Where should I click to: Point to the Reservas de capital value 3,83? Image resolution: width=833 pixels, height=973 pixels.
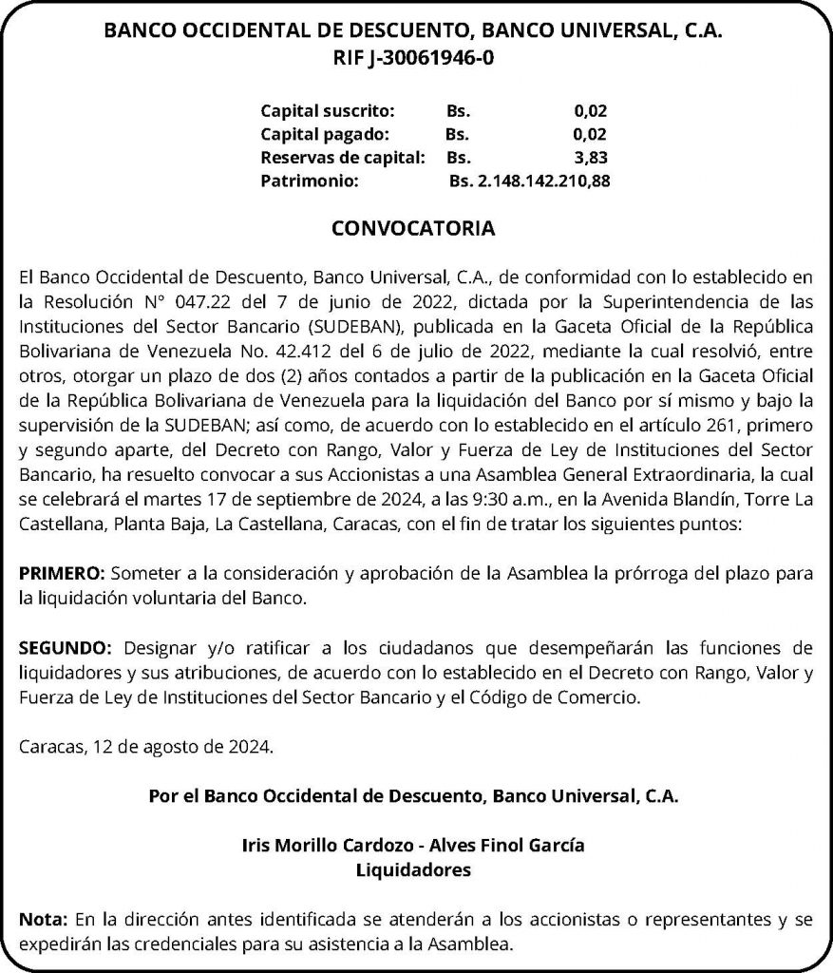(x=591, y=157)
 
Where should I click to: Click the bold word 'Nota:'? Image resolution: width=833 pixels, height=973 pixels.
(x=44, y=920)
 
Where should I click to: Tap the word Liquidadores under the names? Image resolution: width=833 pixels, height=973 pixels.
(x=414, y=868)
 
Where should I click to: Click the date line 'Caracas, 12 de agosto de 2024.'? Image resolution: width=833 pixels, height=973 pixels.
(x=145, y=748)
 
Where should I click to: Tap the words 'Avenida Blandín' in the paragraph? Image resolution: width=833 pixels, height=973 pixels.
(x=671, y=501)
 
